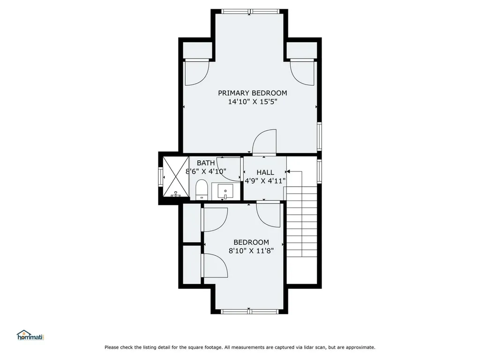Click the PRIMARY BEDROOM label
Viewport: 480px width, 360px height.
(252, 93)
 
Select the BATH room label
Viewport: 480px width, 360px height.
(206, 163)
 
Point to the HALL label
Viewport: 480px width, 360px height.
(265, 172)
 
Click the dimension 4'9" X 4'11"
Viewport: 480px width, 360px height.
(265, 180)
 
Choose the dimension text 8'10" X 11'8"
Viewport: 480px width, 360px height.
(251, 251)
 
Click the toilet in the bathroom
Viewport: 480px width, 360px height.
(202, 189)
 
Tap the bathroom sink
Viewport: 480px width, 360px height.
(225, 191)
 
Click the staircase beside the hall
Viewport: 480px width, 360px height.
(301, 220)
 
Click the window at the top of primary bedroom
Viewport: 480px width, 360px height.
(251, 11)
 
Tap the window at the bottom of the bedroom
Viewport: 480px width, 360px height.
(250, 311)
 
